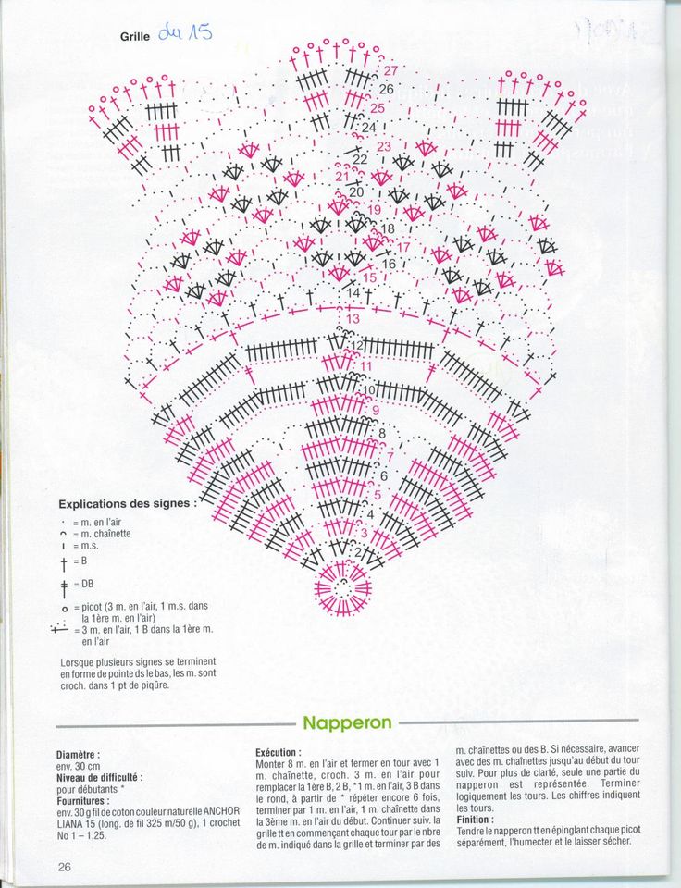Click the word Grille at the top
click(x=136, y=37)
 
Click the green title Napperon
click(x=347, y=722)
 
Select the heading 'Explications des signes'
click(x=128, y=504)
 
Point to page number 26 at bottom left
click(x=65, y=867)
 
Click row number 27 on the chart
click(x=390, y=70)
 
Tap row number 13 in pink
click(x=353, y=319)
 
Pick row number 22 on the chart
click(x=360, y=158)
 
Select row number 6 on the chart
click(x=383, y=475)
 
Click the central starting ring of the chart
click(x=343, y=586)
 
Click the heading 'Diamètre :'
click(x=79, y=755)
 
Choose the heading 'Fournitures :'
click(x=82, y=801)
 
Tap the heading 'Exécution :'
click(x=278, y=753)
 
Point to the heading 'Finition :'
click(x=475, y=820)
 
